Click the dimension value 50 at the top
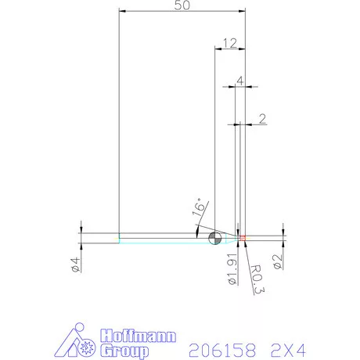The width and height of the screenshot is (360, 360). coord(182,5)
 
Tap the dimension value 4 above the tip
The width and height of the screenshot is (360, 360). coord(239,80)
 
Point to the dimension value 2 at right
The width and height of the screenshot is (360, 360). coord(261,119)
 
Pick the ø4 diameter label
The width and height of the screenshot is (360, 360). coord(76,265)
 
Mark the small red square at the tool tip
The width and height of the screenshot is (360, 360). coord(243,236)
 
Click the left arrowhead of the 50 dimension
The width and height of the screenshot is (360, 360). coord(121,10)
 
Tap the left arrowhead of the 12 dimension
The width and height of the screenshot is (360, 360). coord(218,49)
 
